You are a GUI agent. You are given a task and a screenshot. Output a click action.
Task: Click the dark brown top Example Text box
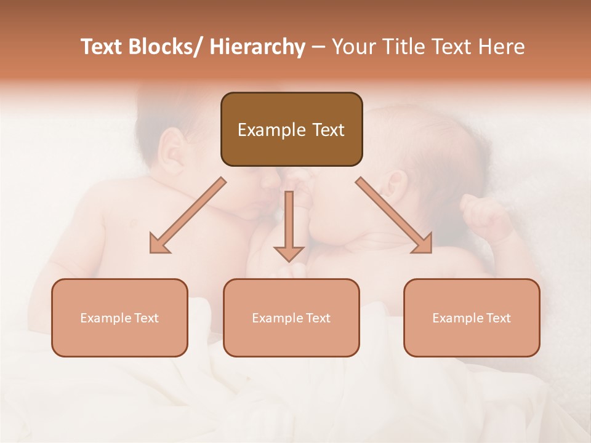coord(291,129)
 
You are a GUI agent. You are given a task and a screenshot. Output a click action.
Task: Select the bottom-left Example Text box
coord(119,317)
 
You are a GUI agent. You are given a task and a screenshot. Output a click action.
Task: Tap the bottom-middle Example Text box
coord(291,317)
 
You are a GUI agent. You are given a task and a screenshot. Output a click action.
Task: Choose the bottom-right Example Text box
coord(472,317)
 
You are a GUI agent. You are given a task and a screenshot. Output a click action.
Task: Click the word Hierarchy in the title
coord(257,47)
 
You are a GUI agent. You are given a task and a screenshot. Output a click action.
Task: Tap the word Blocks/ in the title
coord(161,47)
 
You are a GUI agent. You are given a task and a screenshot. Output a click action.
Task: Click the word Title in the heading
coord(404,47)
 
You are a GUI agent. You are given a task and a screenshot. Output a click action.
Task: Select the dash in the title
coord(319,47)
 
